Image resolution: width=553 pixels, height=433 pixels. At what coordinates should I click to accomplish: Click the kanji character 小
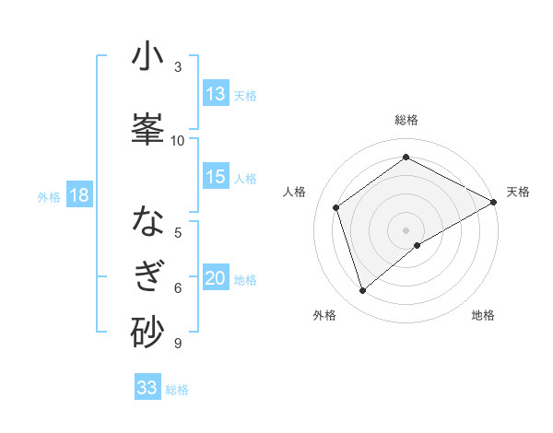[147, 56]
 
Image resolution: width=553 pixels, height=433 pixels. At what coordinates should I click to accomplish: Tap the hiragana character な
[147, 222]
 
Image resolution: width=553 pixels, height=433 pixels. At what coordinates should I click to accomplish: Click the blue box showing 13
[216, 94]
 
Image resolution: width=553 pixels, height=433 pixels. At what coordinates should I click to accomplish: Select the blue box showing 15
[216, 177]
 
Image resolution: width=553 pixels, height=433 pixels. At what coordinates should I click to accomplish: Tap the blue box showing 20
[216, 279]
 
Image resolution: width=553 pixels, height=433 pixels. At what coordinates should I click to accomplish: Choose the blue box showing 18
[77, 195]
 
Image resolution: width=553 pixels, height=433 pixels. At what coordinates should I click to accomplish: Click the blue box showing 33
[147, 388]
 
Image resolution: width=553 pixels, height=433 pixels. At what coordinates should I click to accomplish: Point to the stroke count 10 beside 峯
[178, 140]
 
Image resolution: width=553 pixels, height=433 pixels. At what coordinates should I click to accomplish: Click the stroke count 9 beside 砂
[177, 344]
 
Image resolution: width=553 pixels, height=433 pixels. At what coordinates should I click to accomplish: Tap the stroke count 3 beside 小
[178, 66]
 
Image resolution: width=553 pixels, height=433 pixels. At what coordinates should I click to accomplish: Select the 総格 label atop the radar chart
[406, 120]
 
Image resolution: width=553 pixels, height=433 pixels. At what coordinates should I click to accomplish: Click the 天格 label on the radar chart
[518, 192]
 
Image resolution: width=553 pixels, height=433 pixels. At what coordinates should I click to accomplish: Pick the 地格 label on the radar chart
[483, 315]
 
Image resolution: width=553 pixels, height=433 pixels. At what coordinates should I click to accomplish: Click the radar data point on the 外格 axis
[363, 291]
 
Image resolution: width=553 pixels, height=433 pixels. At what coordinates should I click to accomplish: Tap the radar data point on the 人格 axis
[336, 207]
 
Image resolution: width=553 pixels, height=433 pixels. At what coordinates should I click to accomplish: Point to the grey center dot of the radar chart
[406, 229]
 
